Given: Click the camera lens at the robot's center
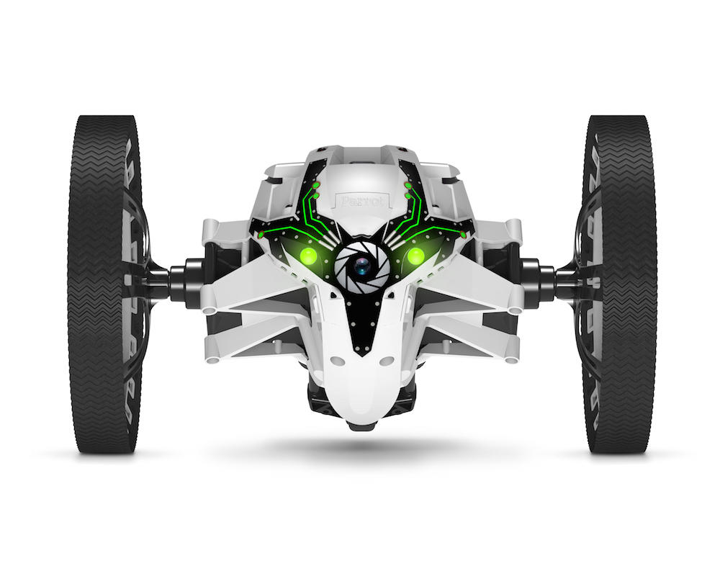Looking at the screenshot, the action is (362, 266).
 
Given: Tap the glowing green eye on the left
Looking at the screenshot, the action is (309, 256).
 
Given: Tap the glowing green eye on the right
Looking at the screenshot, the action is (415, 256).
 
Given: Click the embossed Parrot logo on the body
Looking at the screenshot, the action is (363, 201).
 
